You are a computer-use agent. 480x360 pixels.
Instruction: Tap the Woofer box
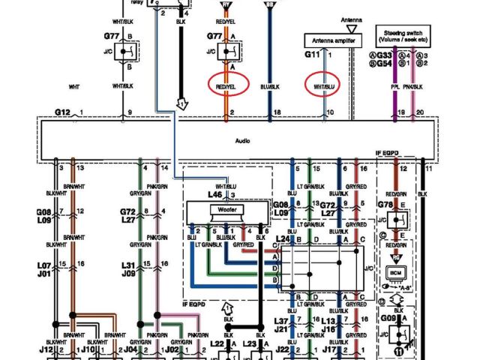coord(227,209)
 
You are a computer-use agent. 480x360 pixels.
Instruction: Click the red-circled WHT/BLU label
coord(325,87)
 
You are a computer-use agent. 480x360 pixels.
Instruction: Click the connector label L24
coord(282,238)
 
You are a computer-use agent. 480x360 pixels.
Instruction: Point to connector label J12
coord(46,349)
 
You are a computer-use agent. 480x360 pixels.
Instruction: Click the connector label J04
coord(130,349)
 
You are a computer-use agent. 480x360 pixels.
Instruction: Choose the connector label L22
coord(217,343)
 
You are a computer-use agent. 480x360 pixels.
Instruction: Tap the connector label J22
coord(282,349)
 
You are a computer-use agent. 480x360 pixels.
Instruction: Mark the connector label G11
coord(312,55)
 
